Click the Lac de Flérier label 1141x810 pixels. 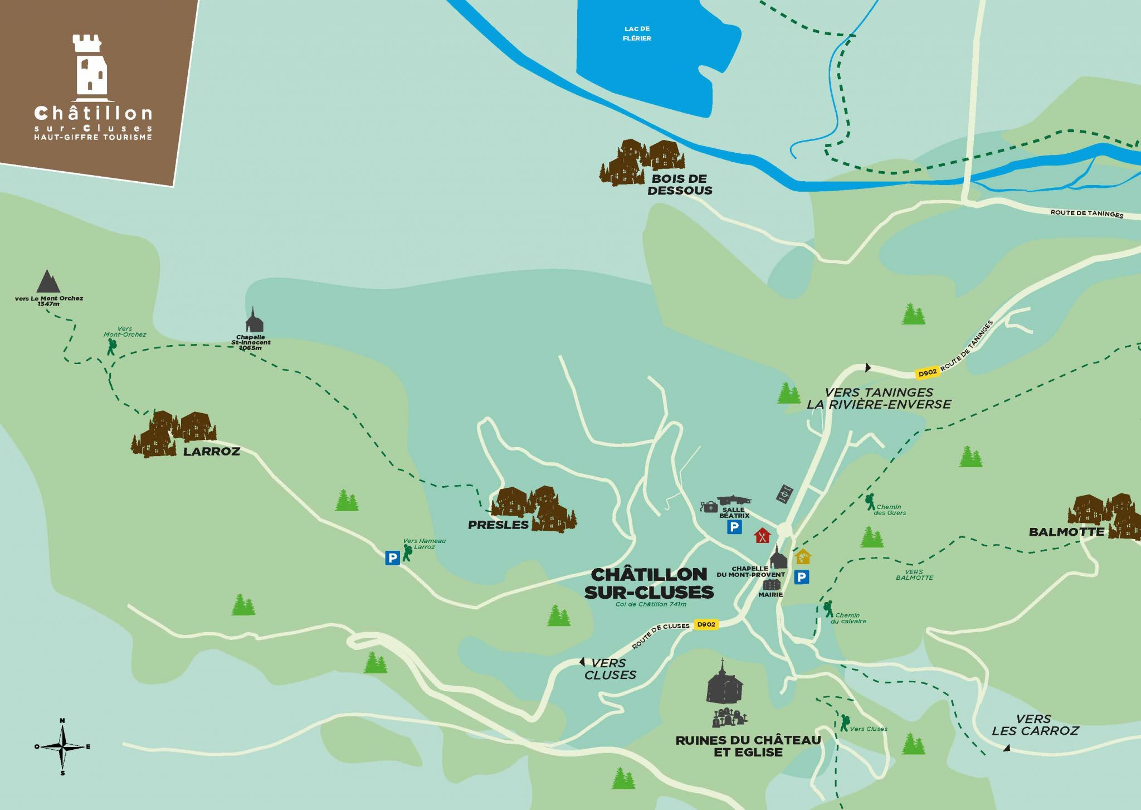click(637, 33)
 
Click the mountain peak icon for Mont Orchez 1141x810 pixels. click(48, 282)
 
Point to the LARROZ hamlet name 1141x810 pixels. click(212, 452)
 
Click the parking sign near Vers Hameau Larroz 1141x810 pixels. click(392, 557)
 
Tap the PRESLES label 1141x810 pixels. click(498, 525)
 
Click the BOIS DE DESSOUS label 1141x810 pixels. click(680, 185)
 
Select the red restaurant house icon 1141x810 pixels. click(762, 536)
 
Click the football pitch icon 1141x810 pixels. click(785, 494)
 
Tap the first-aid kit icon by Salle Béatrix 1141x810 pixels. click(709, 507)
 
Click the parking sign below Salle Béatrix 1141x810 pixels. click(734, 527)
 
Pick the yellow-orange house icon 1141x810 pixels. click(802, 556)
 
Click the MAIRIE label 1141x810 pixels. click(771, 595)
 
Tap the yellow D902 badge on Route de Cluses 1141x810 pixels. click(706, 624)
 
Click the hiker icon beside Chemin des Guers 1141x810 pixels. click(870, 502)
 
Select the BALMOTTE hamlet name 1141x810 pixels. click(1066, 532)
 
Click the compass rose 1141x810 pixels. click(63, 746)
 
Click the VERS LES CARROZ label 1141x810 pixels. click(1035, 725)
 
